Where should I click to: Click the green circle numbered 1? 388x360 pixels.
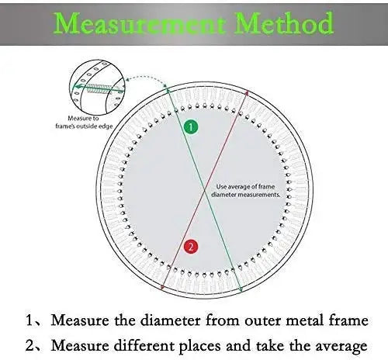coord(191,127)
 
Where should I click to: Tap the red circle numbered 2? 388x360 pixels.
coord(191,247)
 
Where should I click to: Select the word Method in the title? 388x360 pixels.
coord(284,22)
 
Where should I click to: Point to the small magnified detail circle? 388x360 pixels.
coord(97,88)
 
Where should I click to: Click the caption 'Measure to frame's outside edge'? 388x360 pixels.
coord(84,122)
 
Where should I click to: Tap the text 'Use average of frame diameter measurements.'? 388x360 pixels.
coord(245,191)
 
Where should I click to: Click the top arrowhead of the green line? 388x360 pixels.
coord(168,90)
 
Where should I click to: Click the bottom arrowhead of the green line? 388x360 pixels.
coord(241,290)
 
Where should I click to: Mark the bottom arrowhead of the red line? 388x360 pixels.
coord(162,287)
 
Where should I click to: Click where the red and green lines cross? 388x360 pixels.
coord(205,191)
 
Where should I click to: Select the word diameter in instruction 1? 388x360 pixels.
coord(170,320)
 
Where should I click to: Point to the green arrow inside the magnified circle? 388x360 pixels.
coord(98,88)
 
